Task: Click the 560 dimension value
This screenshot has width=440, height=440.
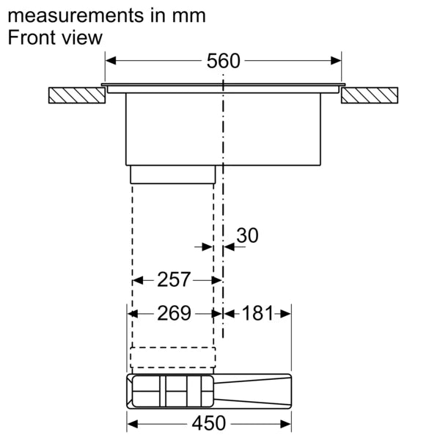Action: coord(223,62)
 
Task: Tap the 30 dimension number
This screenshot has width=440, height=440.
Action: coord(248,235)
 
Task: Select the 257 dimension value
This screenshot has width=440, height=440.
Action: coord(174,279)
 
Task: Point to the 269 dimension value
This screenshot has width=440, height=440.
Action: coord(174,314)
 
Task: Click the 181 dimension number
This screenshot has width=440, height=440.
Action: coord(257,314)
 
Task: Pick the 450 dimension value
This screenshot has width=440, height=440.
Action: coord(209,423)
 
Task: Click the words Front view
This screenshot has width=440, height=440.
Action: coord(55,38)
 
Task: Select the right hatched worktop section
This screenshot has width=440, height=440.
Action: coord(370,95)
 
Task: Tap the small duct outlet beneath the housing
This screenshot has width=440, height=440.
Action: coord(173,175)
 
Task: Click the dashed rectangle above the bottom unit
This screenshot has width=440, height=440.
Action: coord(173,357)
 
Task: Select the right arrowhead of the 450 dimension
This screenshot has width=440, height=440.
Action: coord(287,423)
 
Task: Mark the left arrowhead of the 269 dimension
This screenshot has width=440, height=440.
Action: coord(133,314)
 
